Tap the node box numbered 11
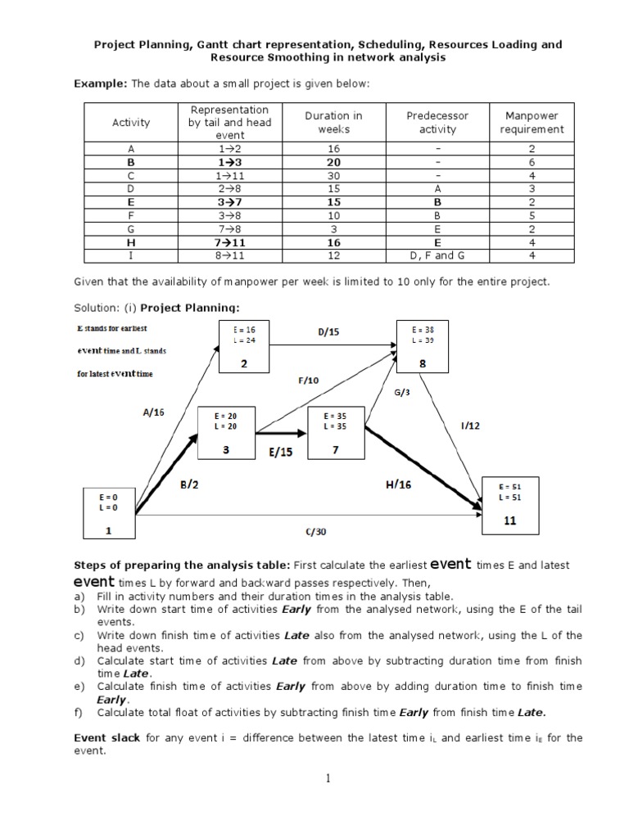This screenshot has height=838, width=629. (509, 503)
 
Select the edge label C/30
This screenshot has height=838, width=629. (315, 531)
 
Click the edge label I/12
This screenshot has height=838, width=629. (470, 426)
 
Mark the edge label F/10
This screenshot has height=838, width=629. (309, 380)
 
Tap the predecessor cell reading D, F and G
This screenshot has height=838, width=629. (431, 255)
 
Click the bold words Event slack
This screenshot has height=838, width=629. (107, 737)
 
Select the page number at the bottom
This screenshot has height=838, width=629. (328, 778)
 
